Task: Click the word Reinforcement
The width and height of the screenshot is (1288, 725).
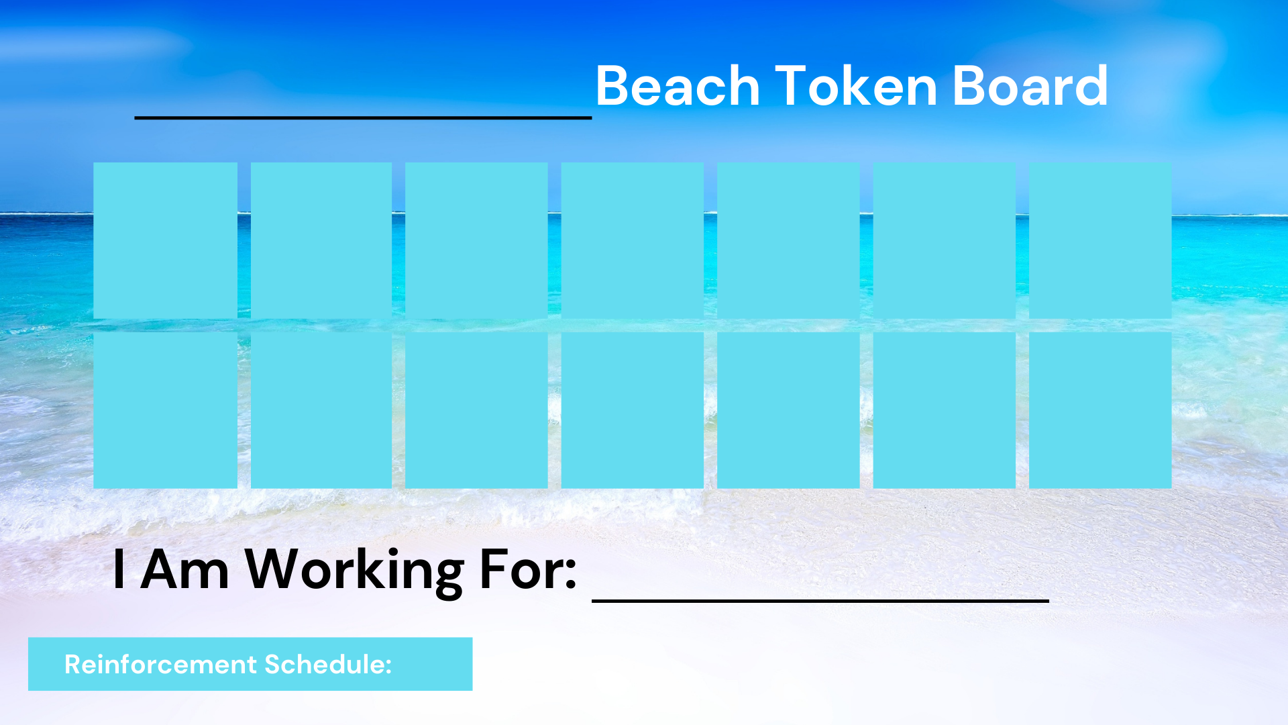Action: coord(161,664)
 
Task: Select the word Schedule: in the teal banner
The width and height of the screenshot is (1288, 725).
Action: coord(328,664)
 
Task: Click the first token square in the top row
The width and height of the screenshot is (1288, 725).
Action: coord(165,240)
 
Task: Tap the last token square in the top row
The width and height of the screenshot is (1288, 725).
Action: coord(1100,240)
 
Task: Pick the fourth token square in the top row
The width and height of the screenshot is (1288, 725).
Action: coord(632,240)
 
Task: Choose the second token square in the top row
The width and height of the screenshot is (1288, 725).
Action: coord(321,240)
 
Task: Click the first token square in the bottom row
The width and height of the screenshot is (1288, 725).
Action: coord(165,410)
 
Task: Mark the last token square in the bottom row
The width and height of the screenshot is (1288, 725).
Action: coord(1100,410)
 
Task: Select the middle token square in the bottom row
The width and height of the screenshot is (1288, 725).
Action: coord(632,410)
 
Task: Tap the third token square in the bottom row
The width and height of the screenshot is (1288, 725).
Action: coord(476,410)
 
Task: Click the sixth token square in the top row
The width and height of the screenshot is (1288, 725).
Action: coord(944,240)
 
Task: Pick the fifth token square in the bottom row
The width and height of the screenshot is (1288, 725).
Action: coord(788,410)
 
